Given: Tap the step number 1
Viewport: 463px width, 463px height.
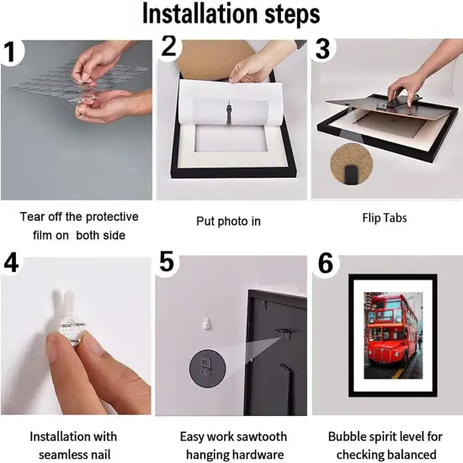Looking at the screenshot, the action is (11, 52).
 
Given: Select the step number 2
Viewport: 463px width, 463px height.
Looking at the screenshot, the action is (168, 45).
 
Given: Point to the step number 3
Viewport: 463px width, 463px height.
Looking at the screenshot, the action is (322, 49).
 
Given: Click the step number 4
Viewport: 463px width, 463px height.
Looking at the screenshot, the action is (11, 263).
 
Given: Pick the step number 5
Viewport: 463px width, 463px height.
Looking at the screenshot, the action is (167, 261).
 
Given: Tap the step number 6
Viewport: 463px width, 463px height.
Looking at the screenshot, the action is (326, 263).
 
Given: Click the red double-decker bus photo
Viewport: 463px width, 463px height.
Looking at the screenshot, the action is (393, 335).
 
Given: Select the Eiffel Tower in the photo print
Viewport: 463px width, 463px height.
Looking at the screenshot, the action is (230, 113).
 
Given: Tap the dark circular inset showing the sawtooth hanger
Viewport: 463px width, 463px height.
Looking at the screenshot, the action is (207, 368).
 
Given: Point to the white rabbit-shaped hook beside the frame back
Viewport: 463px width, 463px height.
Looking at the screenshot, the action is (207, 323).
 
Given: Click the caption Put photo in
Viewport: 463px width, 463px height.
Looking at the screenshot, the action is (228, 221).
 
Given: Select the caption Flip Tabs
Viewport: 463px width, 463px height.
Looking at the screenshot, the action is (385, 218).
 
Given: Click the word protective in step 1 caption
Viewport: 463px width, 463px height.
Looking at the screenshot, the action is (112, 217).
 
